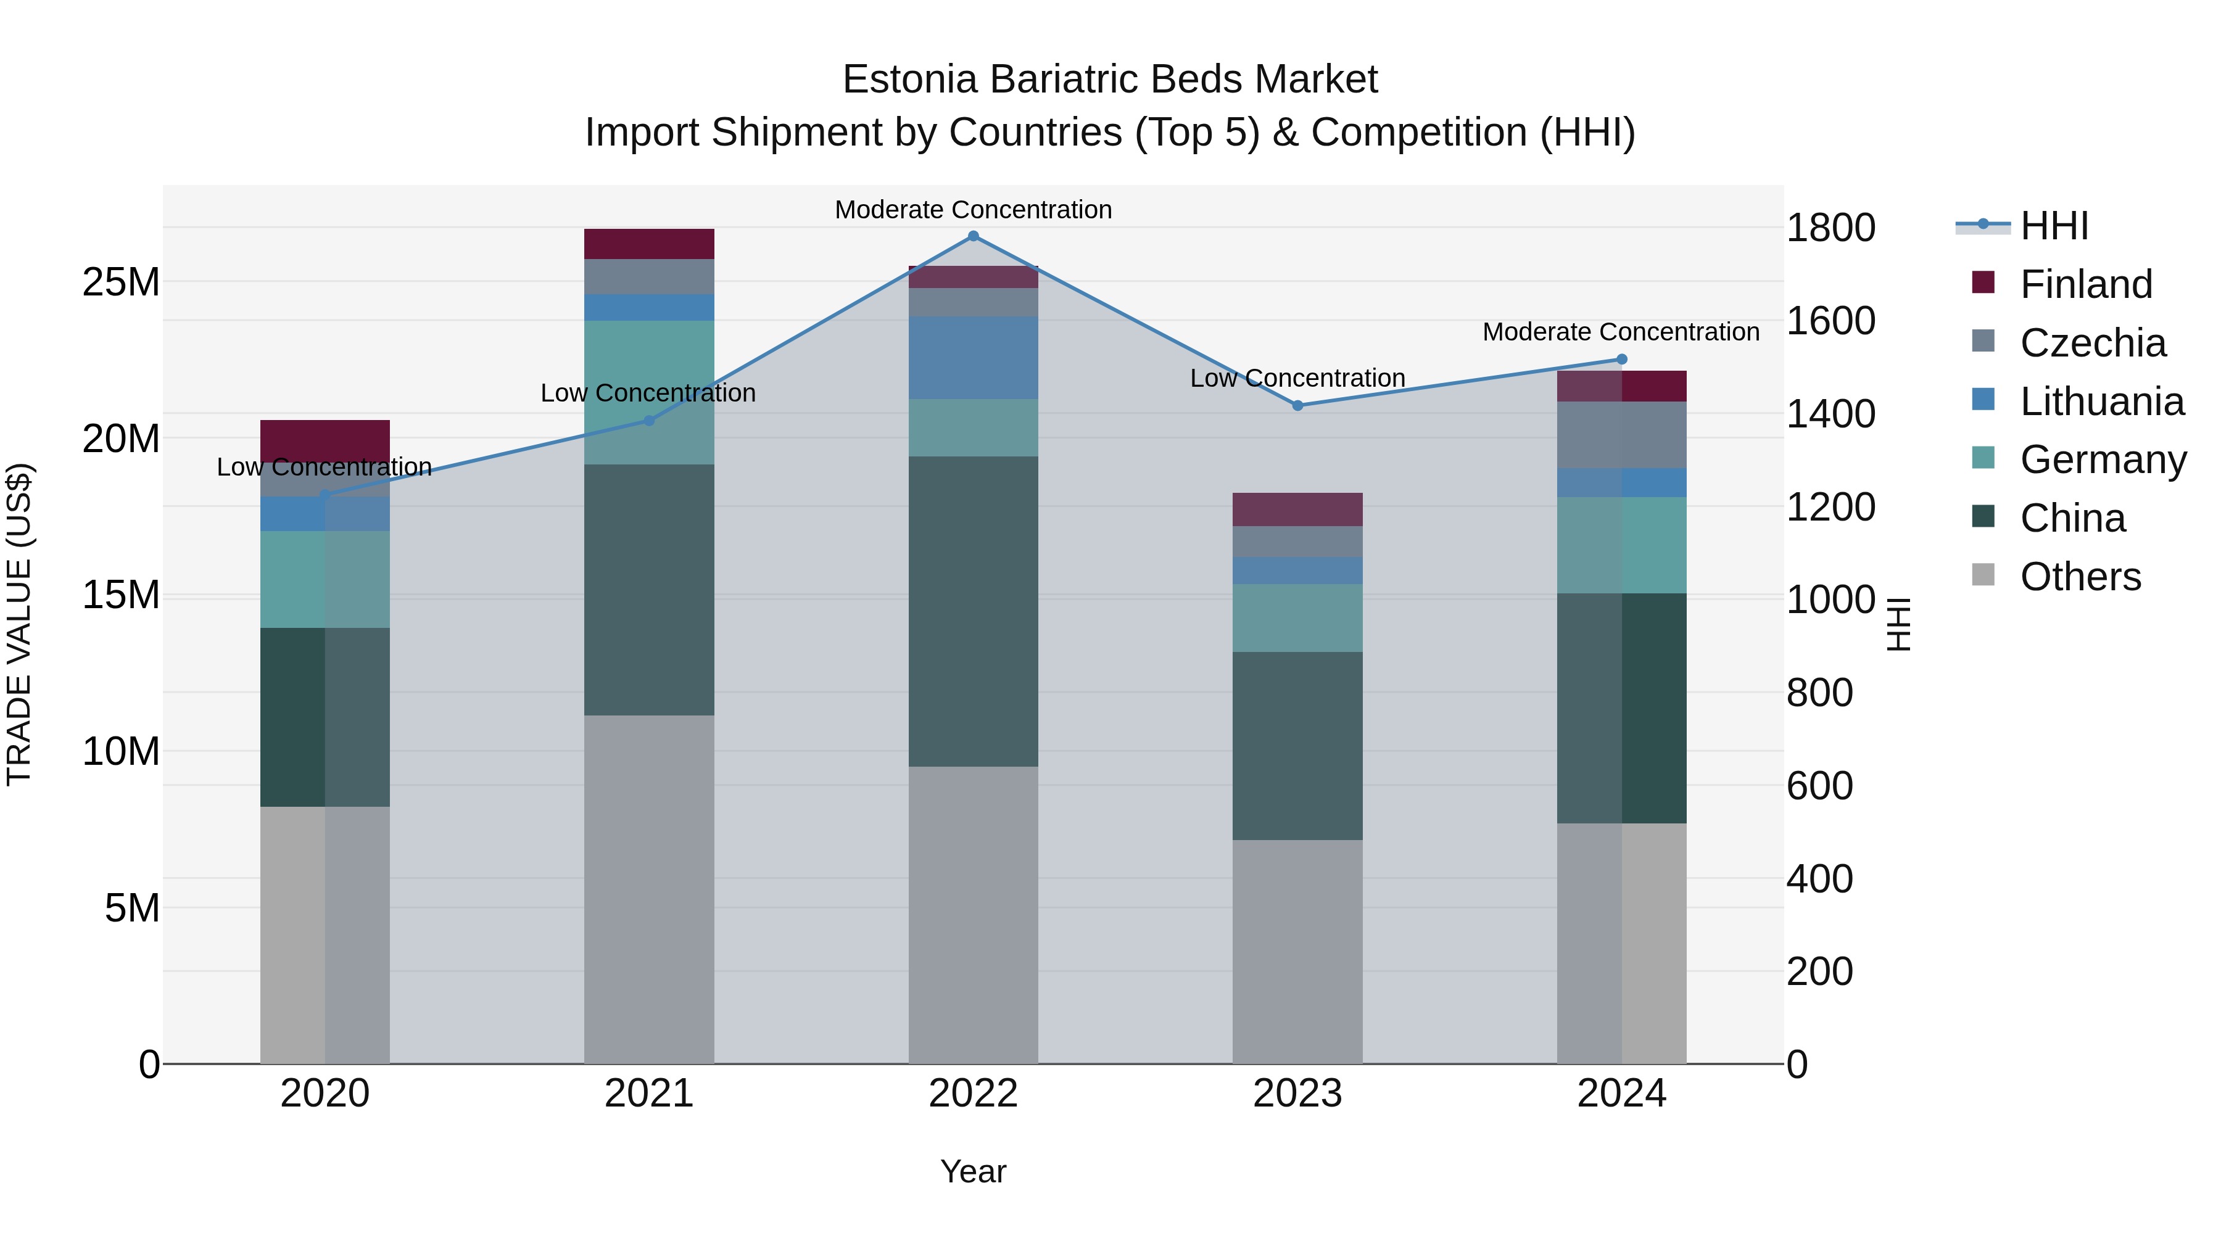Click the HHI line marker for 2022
pyautogui.click(x=974, y=236)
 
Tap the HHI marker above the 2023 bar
pyautogui.click(x=1297, y=405)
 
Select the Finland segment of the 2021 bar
pyautogui.click(x=649, y=244)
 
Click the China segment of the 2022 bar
pyautogui.click(x=974, y=611)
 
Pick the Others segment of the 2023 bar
pyautogui.click(x=1297, y=952)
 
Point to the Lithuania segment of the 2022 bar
pyautogui.click(x=974, y=358)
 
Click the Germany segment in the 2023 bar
pyautogui.click(x=1297, y=618)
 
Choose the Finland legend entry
pyautogui.click(x=2086, y=284)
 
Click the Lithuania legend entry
pyautogui.click(x=2101, y=402)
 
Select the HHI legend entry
pyautogui.click(x=2054, y=227)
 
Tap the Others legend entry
pyautogui.click(x=2080, y=577)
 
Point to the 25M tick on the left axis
pyautogui.click(x=121, y=282)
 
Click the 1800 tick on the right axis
pyautogui.click(x=1830, y=228)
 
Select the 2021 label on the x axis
pyautogui.click(x=649, y=1094)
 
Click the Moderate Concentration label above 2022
pyautogui.click(x=974, y=210)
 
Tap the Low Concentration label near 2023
pyautogui.click(x=1297, y=379)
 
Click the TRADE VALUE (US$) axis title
pyautogui.click(x=19, y=624)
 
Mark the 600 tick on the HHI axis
pyautogui.click(x=1819, y=786)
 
